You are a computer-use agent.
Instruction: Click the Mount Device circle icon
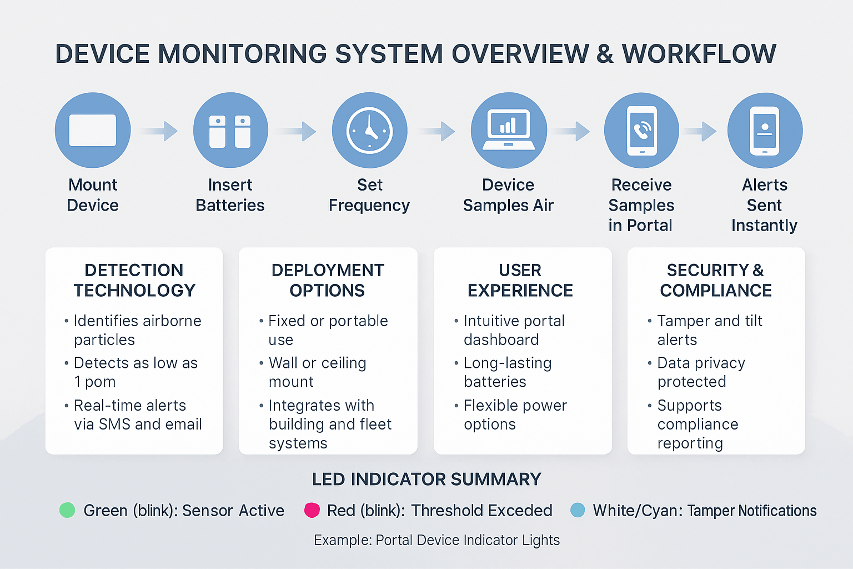93,130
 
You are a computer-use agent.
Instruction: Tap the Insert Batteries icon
230,130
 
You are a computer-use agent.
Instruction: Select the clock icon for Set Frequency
369,130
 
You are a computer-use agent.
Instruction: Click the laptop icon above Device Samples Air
509,130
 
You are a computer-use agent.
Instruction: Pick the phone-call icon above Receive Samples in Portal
641,131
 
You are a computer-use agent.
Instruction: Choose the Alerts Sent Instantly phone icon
765,131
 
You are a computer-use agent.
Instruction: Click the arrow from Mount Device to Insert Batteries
158,131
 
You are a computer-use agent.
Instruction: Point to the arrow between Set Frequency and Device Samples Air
436,131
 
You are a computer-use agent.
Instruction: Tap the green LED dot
67,510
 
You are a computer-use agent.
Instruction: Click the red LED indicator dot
312,510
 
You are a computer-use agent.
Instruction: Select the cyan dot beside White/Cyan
578,510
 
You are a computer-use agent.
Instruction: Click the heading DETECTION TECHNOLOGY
134,280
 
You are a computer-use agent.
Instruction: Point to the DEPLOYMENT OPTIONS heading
328,280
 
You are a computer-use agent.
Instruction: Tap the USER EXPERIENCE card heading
520,280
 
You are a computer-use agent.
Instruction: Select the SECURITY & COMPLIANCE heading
715,280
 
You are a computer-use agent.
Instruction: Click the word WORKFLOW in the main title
699,53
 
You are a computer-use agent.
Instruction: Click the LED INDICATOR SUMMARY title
426,479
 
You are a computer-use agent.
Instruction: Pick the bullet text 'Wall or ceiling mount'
317,372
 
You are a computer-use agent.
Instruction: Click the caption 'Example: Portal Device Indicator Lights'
437,540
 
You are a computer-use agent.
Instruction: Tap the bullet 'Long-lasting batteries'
508,372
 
